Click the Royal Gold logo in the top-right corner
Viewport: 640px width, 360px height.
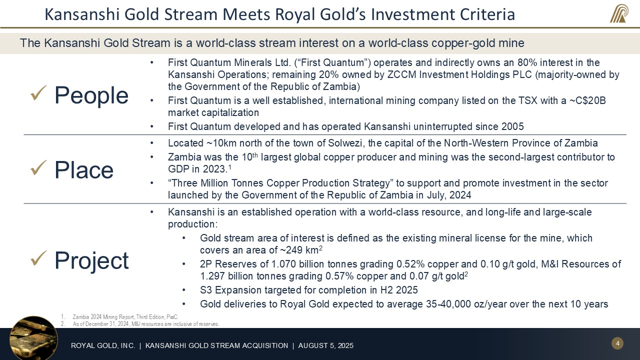[x=619, y=13]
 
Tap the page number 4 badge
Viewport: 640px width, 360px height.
[x=617, y=343]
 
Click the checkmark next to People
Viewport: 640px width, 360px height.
[x=38, y=93]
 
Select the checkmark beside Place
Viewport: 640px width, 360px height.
[x=38, y=168]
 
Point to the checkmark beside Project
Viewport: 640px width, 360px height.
[x=38, y=258]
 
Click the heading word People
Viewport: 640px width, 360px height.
[x=91, y=95]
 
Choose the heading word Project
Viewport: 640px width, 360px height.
[x=91, y=261]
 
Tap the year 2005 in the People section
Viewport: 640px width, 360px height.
[x=513, y=126]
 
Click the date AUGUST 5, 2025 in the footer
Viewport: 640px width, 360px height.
[x=325, y=345]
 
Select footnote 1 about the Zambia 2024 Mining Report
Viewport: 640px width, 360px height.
[x=125, y=317]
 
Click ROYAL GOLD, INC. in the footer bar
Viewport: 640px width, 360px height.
[x=103, y=345]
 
